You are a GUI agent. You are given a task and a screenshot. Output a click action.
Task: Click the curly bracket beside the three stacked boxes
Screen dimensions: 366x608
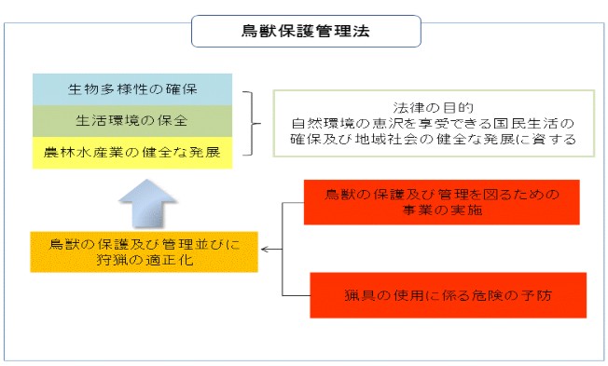pos(248,121)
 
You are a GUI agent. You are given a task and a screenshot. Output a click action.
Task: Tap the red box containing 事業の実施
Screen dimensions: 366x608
pos(442,203)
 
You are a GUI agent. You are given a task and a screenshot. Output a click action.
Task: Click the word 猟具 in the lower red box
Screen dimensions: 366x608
pos(357,296)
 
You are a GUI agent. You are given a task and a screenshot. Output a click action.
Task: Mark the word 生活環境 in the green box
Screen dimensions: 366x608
pos(106,120)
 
